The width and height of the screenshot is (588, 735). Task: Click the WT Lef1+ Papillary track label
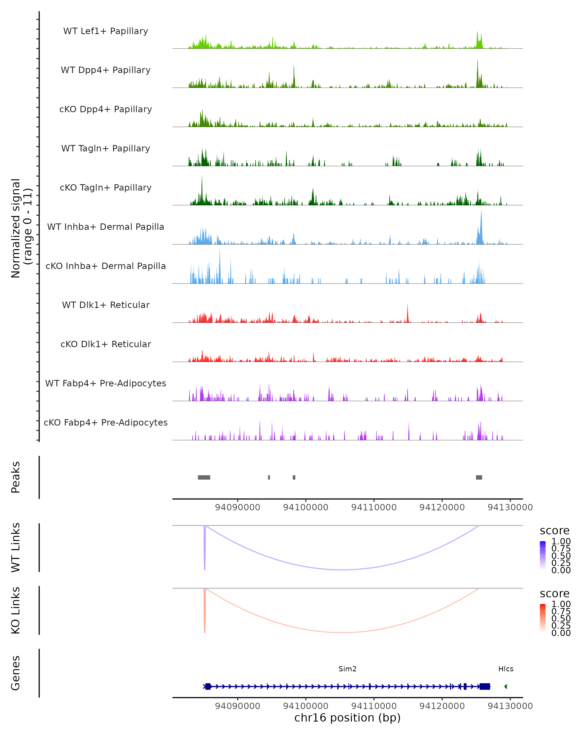point(106,31)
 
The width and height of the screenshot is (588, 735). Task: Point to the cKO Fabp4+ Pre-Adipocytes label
point(106,422)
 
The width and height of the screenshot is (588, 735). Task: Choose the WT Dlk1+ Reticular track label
point(106,305)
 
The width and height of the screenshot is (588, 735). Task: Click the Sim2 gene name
point(347,669)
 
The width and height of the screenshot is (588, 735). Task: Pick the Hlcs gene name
point(505,669)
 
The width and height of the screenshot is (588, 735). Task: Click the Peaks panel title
point(16,477)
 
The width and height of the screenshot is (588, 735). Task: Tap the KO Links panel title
point(16,610)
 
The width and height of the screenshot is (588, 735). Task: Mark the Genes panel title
point(16,673)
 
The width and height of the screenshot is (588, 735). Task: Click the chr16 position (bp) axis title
point(347,718)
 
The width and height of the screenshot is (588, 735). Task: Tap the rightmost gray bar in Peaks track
point(479,477)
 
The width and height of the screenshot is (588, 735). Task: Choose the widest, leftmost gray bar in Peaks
point(204,477)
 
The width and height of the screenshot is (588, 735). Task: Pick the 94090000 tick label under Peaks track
point(238,507)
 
